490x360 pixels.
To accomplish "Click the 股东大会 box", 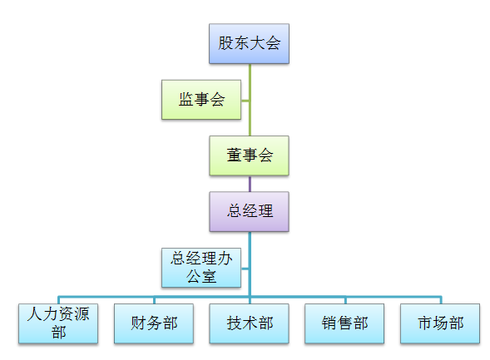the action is pos(249,44).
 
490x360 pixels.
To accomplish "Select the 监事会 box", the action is pos(201,100).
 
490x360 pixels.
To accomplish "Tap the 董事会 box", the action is pos(249,155).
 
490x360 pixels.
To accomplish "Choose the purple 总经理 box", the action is pos(249,211).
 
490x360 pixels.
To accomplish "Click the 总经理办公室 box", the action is pos(201,268).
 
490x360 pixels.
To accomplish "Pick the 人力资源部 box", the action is pos(58,323).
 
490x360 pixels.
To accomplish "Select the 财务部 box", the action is pos(154,323).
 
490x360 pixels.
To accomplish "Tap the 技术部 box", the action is pos(249,323).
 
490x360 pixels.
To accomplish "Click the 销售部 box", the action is pos(344,323).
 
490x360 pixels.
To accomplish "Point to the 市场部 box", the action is pos(440,323).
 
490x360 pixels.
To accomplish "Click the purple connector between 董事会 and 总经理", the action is pos(250,184).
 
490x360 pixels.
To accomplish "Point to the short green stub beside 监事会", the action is pos(245,101).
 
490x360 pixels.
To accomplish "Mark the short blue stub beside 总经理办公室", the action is pos(245,269).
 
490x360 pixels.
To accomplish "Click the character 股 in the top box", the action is pos(225,42).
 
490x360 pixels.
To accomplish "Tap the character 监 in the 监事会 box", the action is pos(186,99).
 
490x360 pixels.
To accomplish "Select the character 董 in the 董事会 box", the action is pos(234,155).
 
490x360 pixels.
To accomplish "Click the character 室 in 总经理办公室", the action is pos(209,276).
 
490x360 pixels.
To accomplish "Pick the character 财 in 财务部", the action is pos(138,323).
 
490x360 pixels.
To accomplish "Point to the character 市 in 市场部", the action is pos(425,323).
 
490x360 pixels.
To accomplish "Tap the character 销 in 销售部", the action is pos(329,323).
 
